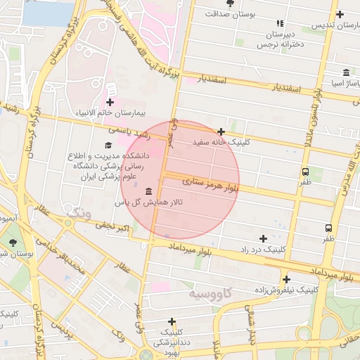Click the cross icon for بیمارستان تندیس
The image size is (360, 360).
(x=340, y=14)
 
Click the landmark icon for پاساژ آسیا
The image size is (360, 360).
(x=346, y=72)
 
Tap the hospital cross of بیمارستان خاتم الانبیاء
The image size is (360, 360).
(x=110, y=102)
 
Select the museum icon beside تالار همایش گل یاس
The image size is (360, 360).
(x=148, y=192)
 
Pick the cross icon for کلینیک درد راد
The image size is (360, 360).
(x=263, y=239)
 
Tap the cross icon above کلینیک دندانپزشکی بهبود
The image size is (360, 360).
(x=172, y=321)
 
